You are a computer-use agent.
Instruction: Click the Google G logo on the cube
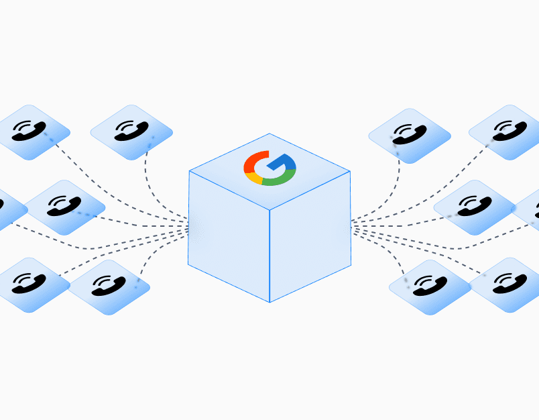click(x=269, y=168)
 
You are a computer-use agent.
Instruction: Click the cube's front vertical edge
click(x=269, y=255)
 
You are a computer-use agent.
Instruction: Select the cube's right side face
click(x=310, y=235)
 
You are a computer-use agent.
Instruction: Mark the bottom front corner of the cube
click(x=269, y=301)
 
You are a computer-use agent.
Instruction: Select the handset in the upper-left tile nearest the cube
click(x=130, y=130)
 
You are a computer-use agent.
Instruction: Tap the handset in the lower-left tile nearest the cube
click(x=107, y=286)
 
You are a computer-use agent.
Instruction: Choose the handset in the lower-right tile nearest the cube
click(x=430, y=286)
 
